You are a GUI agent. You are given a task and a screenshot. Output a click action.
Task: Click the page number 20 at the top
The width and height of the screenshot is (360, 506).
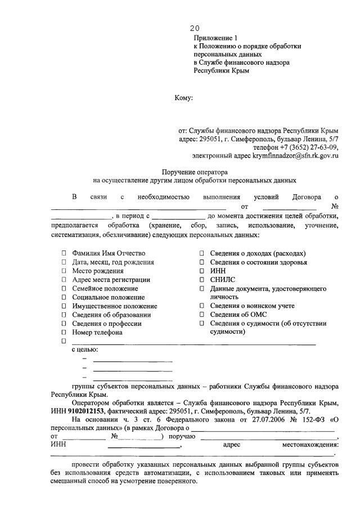pyautogui.click(x=194, y=28)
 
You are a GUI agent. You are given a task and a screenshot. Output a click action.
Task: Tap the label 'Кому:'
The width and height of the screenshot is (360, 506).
pyautogui.click(x=183, y=98)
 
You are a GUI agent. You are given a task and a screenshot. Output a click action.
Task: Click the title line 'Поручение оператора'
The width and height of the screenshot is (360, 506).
pyautogui.click(x=194, y=172)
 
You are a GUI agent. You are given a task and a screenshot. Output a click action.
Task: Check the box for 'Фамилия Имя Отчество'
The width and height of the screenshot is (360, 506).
pyautogui.click(x=64, y=254)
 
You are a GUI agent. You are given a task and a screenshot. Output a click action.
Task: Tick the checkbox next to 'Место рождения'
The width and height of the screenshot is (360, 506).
pyautogui.click(x=64, y=271)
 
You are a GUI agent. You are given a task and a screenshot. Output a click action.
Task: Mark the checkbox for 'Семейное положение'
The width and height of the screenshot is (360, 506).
pyautogui.click(x=64, y=289)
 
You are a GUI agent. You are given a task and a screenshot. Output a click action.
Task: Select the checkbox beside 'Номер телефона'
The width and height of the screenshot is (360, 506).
pyautogui.click(x=64, y=333)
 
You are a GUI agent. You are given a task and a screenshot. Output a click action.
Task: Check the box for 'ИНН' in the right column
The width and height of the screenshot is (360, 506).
pyautogui.click(x=202, y=271)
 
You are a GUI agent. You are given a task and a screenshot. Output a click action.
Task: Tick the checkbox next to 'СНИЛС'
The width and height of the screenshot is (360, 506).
pyautogui.click(x=202, y=280)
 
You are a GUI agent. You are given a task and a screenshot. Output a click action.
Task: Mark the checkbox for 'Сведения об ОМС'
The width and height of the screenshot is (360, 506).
pyautogui.click(x=202, y=315)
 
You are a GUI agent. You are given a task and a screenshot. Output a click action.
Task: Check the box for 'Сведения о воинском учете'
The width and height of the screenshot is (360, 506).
pyautogui.click(x=202, y=306)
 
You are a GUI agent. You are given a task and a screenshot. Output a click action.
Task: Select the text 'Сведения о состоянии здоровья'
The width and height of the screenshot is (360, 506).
pyautogui.click(x=259, y=262)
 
